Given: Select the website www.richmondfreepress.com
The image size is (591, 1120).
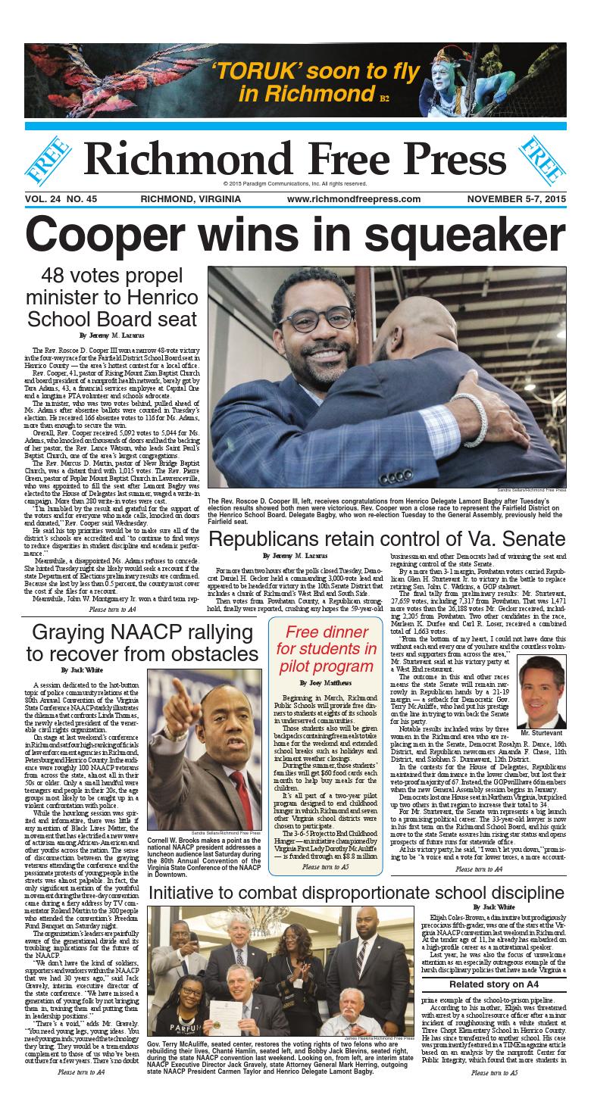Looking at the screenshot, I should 353,199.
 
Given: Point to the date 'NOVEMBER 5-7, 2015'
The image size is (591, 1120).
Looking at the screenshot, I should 516,199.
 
